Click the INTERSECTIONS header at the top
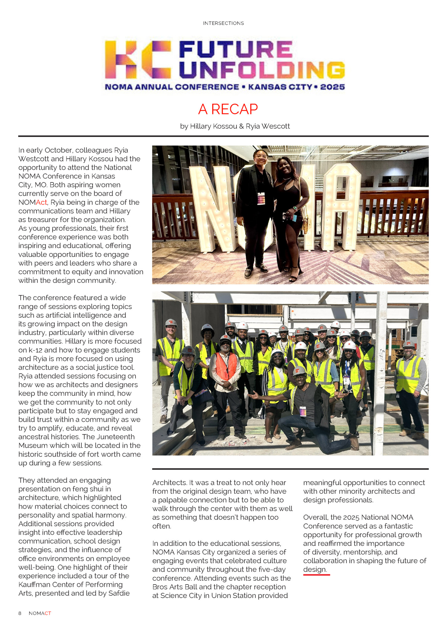coord(223,23)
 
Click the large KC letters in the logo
coord(138,59)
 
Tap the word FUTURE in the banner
coord(235,50)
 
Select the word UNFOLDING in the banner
coord(262,70)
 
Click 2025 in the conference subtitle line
coord(332,87)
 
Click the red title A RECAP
coord(228,109)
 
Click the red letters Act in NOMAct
coord(41,202)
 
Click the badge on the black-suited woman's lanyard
coord(261,199)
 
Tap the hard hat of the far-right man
coord(408,344)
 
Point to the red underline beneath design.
coord(316,575)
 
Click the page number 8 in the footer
coord(20,613)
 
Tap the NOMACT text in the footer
coord(40,613)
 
